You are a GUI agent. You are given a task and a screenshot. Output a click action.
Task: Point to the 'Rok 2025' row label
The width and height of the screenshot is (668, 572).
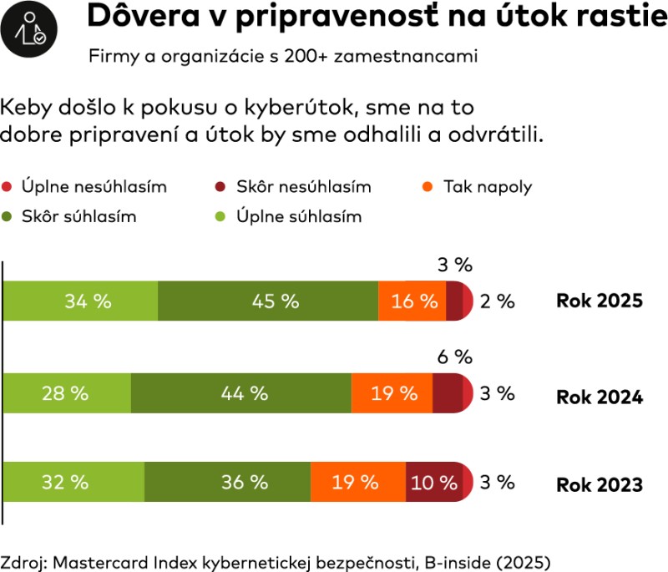[x=599, y=301]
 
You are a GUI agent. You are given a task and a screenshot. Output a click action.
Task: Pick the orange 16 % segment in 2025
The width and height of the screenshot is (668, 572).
[x=412, y=301]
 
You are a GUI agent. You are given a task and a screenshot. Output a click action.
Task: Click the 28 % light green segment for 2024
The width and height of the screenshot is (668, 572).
[x=67, y=392]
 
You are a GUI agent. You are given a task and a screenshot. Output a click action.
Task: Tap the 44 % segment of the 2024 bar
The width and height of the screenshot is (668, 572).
[x=240, y=392]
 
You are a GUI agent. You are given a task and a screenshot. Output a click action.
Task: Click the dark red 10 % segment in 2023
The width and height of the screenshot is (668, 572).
[x=434, y=482]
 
